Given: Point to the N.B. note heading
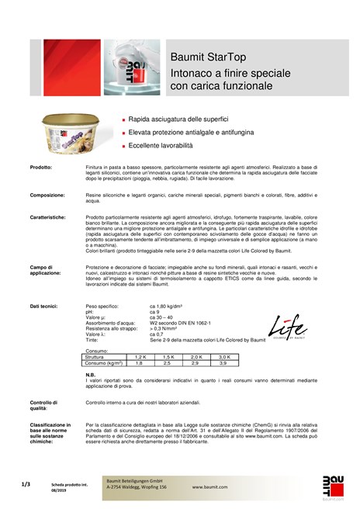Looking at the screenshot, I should pos(91,373).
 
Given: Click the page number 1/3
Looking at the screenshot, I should pos(26,483).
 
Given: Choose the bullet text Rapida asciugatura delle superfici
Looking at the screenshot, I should pos(178,120).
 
